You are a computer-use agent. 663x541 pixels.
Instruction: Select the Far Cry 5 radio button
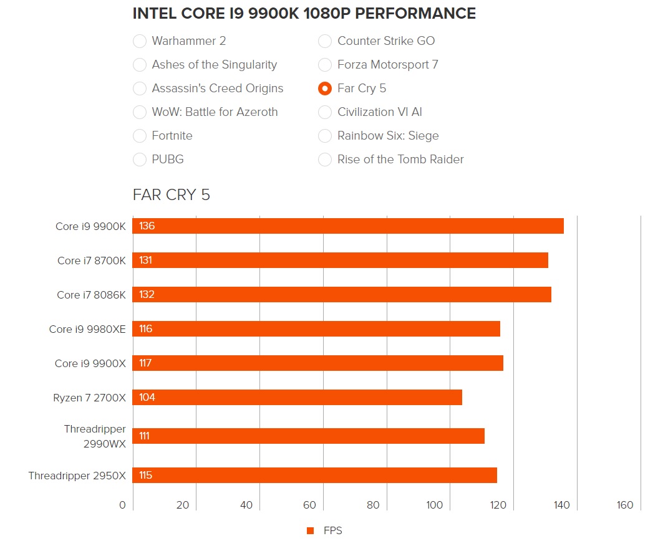coord(325,89)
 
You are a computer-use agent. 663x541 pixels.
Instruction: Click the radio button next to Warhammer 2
coord(140,41)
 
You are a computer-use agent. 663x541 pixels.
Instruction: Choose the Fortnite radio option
coord(140,136)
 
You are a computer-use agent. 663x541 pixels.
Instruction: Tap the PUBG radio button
coord(140,160)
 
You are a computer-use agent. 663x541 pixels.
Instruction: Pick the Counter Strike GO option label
coord(386,41)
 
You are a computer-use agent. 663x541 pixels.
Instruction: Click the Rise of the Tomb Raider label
coord(400,160)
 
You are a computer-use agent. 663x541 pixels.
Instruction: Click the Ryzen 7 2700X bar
coord(298,398)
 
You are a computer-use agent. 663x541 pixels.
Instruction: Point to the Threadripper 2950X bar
coord(315,476)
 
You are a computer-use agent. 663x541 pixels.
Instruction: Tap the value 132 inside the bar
coord(147,295)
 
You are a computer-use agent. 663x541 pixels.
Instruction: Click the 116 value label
coord(146,329)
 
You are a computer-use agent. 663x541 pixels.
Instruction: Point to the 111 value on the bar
coord(145,436)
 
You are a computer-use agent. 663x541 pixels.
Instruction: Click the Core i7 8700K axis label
coord(91,261)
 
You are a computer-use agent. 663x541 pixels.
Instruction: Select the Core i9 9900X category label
coord(90,363)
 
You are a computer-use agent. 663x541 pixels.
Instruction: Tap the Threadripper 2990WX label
coord(95,436)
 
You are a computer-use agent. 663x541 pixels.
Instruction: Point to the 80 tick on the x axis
coord(373,505)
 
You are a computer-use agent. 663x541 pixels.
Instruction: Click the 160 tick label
coord(624,505)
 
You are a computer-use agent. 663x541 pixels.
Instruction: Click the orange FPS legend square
coord(310,531)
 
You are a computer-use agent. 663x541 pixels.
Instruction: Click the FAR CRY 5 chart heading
coord(172,195)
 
